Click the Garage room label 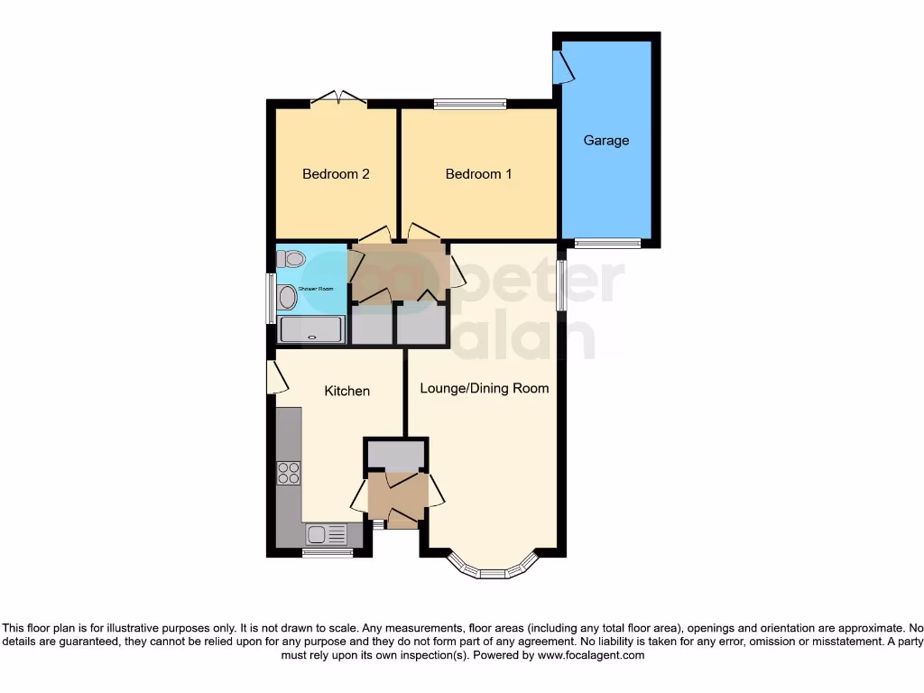(x=605, y=141)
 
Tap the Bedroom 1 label (x=478, y=173)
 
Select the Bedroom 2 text (x=336, y=173)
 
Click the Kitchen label (x=346, y=391)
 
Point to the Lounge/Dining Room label (x=484, y=388)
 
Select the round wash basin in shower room (x=288, y=296)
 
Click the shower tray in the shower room (x=311, y=329)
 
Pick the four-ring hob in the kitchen (x=289, y=473)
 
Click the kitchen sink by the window (x=327, y=534)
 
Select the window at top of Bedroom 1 (x=469, y=104)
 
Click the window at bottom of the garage (x=608, y=243)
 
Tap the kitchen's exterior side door (x=273, y=377)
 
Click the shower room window (x=271, y=298)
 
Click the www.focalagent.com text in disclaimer (x=591, y=655)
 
